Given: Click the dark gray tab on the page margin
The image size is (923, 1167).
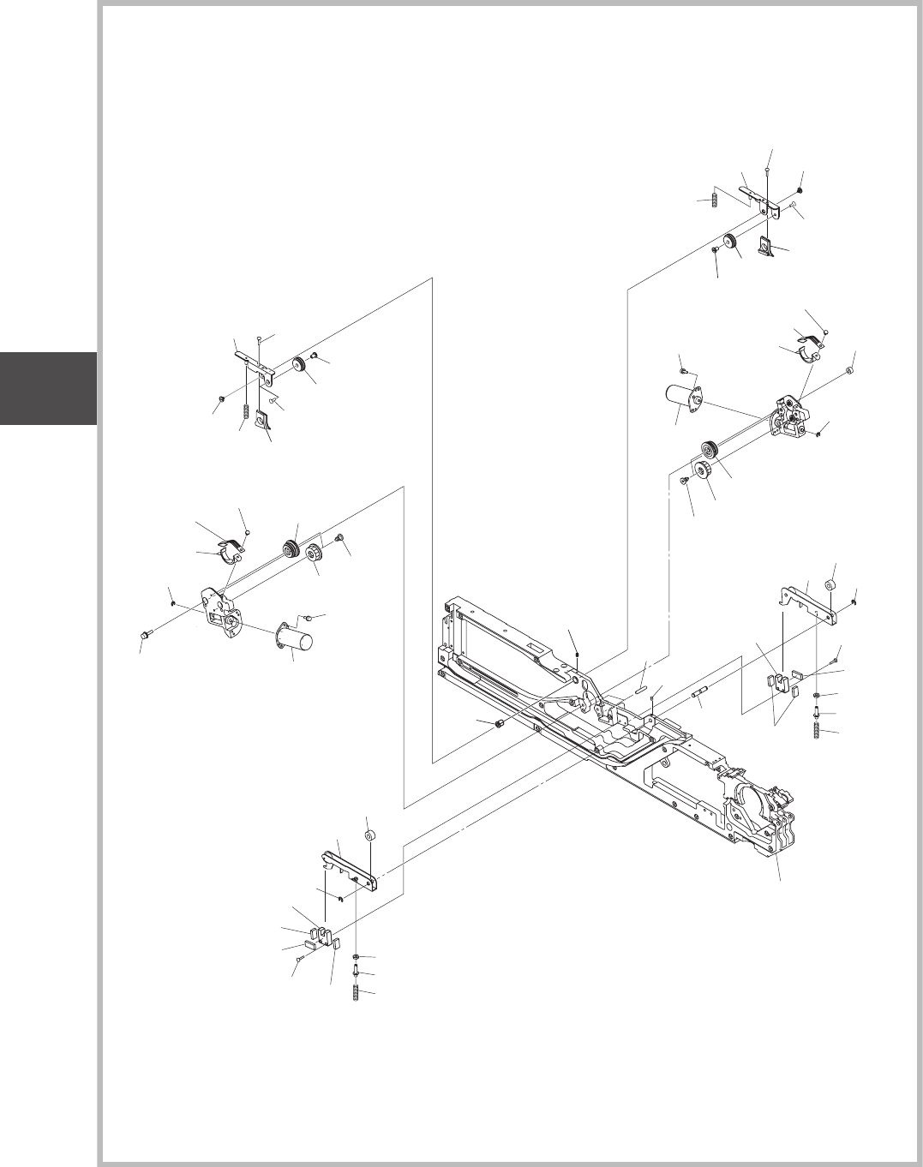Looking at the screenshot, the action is pos(48,387).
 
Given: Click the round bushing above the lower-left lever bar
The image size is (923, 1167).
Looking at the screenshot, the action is pos(370,835).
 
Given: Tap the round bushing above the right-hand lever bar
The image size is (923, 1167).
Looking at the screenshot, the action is pos(830,586).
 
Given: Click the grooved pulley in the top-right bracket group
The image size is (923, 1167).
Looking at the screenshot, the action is pos(731,242).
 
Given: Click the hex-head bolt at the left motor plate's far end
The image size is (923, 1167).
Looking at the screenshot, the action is pos(144,635).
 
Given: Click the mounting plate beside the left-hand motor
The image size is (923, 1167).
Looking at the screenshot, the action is pos(223,608).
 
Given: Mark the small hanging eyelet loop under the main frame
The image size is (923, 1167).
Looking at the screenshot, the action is pos(662,760).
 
